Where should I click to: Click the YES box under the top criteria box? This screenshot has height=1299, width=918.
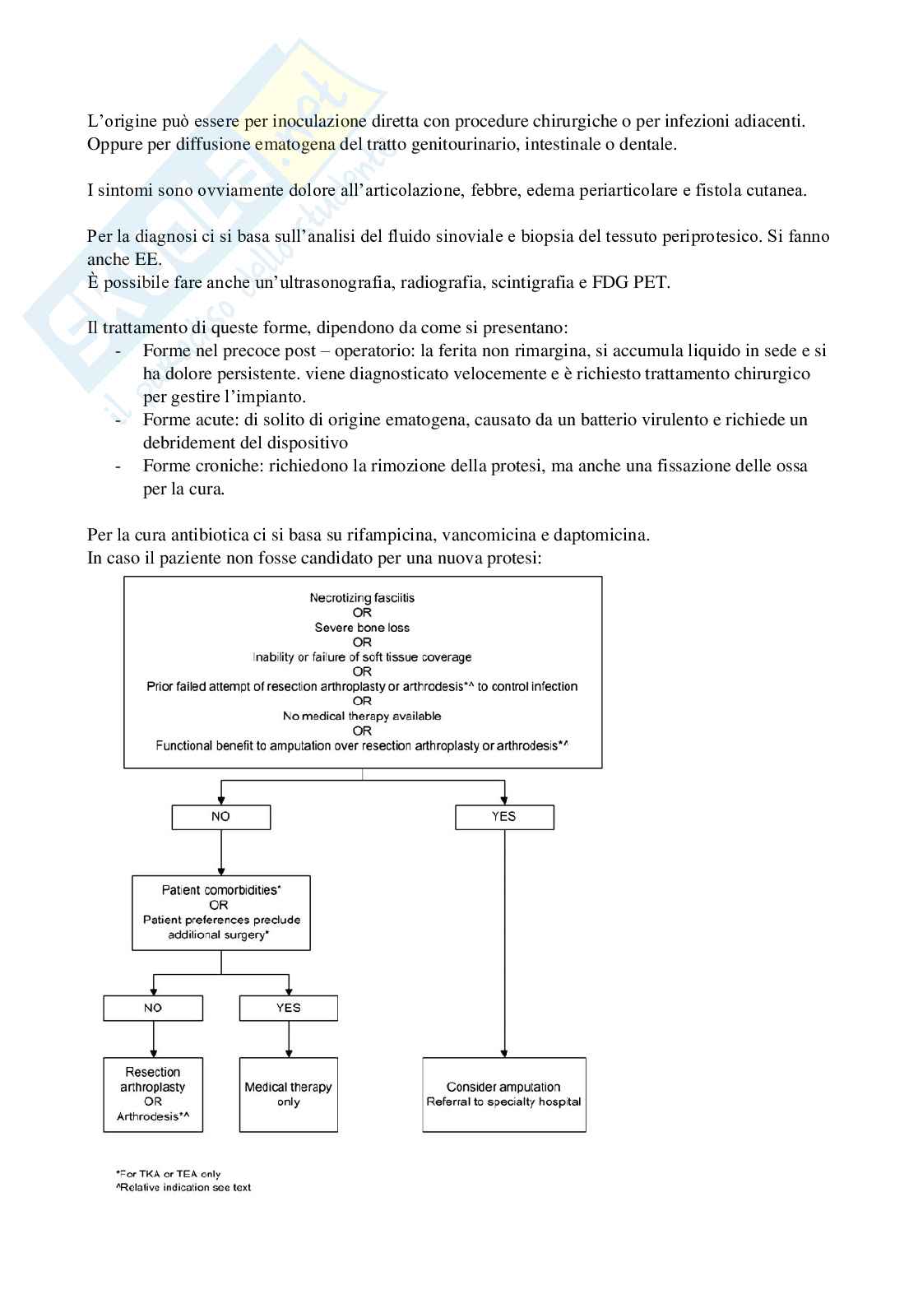503,817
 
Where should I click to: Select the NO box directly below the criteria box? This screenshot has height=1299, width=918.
220,817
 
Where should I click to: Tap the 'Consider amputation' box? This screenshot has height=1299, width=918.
503,1094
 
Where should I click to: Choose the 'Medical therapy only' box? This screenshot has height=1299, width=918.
288,1094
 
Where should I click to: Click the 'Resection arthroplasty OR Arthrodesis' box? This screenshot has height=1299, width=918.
153,1094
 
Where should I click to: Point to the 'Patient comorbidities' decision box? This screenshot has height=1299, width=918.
220,912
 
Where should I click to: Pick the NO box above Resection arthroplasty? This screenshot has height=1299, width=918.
153,1008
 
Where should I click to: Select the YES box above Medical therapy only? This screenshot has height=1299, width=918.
288,1008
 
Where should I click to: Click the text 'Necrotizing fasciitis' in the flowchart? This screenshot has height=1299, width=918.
362,598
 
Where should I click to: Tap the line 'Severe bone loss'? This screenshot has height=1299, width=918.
362,628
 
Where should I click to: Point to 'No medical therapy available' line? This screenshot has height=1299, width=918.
362,716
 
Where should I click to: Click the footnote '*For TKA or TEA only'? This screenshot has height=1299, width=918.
169,1174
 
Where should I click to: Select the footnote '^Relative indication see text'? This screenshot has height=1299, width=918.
183,1187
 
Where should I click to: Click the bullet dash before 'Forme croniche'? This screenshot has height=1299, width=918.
119,466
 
